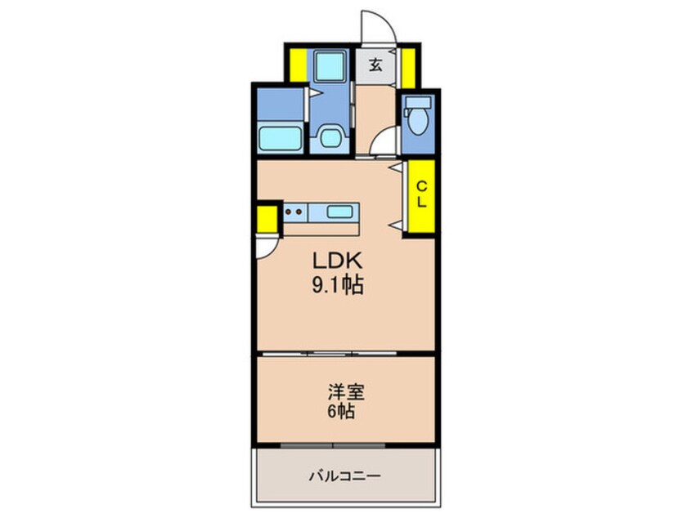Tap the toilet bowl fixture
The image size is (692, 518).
tap(417, 119)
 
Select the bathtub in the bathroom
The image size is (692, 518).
tap(281, 136)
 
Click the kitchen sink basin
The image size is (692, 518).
tap(341, 212)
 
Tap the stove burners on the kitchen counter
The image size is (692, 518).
tap(294, 212)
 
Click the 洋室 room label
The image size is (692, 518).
tap(341, 391)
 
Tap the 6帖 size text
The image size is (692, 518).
tap(341, 412)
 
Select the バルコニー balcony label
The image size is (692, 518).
tap(344, 476)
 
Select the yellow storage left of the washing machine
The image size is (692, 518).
tap(297, 65)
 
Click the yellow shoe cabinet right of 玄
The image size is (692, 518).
tap(407, 65)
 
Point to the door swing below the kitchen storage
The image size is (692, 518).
tap(267, 246)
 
